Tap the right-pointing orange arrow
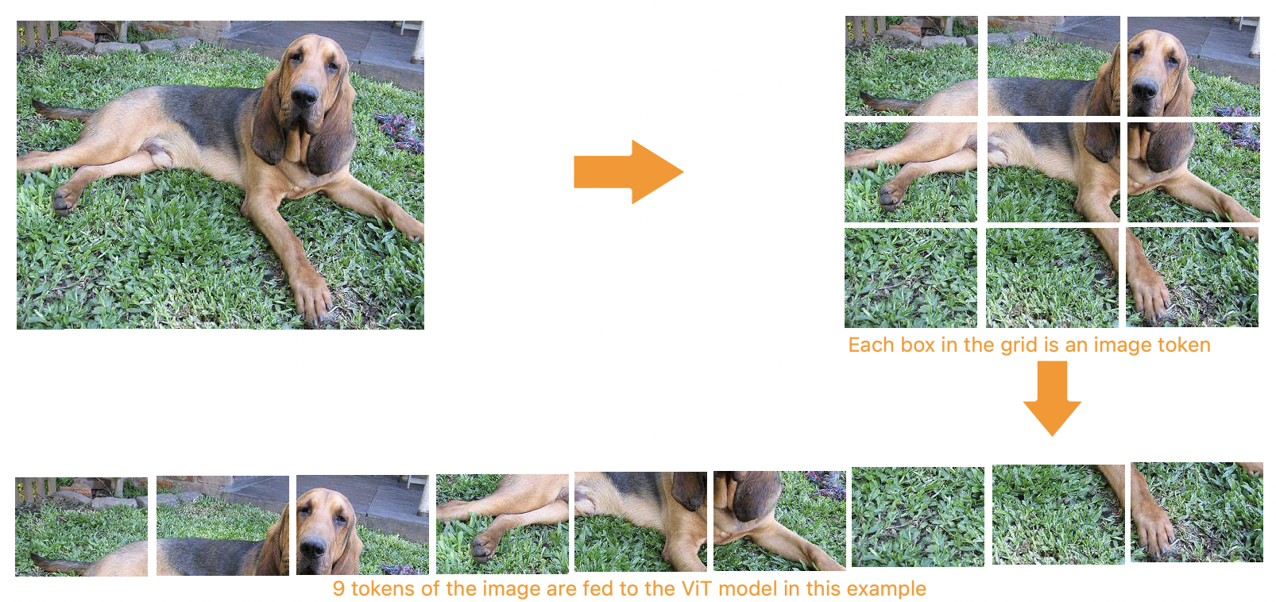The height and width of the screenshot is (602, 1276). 628,172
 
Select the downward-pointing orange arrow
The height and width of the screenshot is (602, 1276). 1052,398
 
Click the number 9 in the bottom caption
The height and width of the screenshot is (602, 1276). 338,589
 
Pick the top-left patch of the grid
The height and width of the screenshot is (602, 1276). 911,65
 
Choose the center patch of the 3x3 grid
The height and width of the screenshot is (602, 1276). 1054,172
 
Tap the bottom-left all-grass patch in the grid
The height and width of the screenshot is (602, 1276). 911,278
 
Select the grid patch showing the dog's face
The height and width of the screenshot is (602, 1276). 1193,66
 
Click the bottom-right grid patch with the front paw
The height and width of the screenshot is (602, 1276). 1193,277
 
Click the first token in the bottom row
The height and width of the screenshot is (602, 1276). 82,527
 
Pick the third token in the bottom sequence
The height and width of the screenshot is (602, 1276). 362,524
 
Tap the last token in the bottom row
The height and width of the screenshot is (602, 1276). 1197,512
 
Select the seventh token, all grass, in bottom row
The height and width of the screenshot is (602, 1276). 918,517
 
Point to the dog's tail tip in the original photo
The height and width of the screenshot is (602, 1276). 35,103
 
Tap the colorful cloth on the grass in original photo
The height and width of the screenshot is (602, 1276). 400,132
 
